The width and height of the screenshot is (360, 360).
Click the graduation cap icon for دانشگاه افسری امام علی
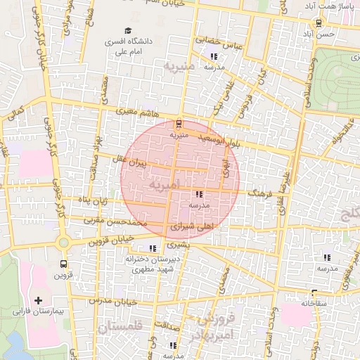coord(127,30)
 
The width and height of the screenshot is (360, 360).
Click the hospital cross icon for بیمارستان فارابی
coord(38,300)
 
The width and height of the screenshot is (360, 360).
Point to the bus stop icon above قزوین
coord(64,264)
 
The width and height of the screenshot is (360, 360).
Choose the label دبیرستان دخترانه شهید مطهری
coord(149,264)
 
